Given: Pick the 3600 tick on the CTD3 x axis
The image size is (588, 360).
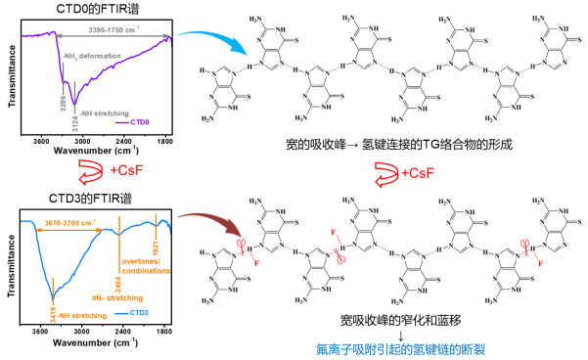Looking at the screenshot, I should coord(41,332).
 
